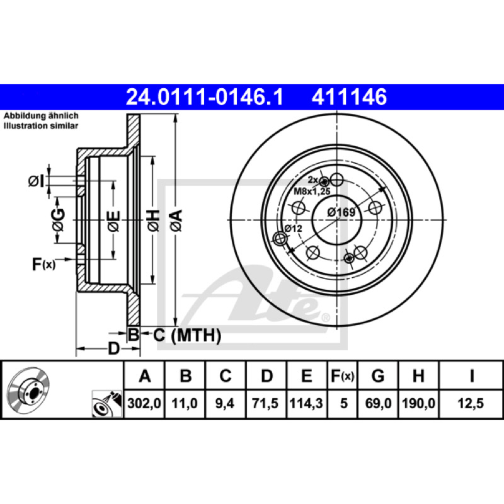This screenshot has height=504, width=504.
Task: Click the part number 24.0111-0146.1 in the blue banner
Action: (x=205, y=97)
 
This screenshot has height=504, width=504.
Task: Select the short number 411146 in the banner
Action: (x=349, y=97)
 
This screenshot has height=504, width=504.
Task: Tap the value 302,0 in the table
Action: (x=144, y=403)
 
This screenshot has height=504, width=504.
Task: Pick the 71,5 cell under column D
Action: (x=265, y=403)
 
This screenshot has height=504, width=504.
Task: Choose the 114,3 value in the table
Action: (x=306, y=403)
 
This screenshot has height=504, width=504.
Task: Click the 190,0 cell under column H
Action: (x=418, y=403)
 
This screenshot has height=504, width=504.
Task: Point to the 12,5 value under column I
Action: (x=471, y=403)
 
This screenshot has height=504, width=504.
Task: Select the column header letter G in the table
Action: (x=378, y=375)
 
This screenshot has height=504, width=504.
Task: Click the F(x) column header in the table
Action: (x=342, y=375)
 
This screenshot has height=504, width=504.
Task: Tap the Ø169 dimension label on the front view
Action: (x=341, y=212)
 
